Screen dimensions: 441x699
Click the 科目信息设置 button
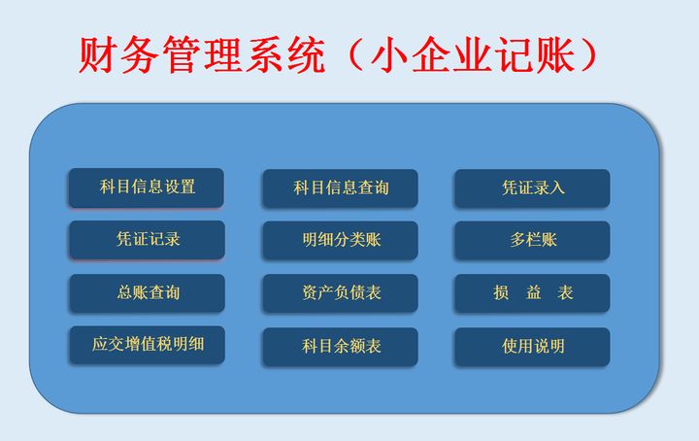point(146,187)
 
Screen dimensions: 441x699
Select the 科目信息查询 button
point(340,188)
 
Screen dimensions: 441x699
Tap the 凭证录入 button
point(532,188)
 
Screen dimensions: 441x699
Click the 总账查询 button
point(147,292)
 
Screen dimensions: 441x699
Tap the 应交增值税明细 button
point(147,345)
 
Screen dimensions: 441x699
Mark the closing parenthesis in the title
point(582,56)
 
